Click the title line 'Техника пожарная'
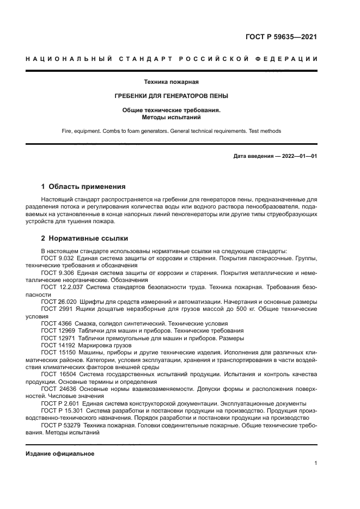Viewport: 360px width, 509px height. (x=171, y=82)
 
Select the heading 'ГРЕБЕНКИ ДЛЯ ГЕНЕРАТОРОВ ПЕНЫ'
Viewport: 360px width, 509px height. (x=171, y=96)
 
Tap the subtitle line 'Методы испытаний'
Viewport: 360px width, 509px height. (x=171, y=116)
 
